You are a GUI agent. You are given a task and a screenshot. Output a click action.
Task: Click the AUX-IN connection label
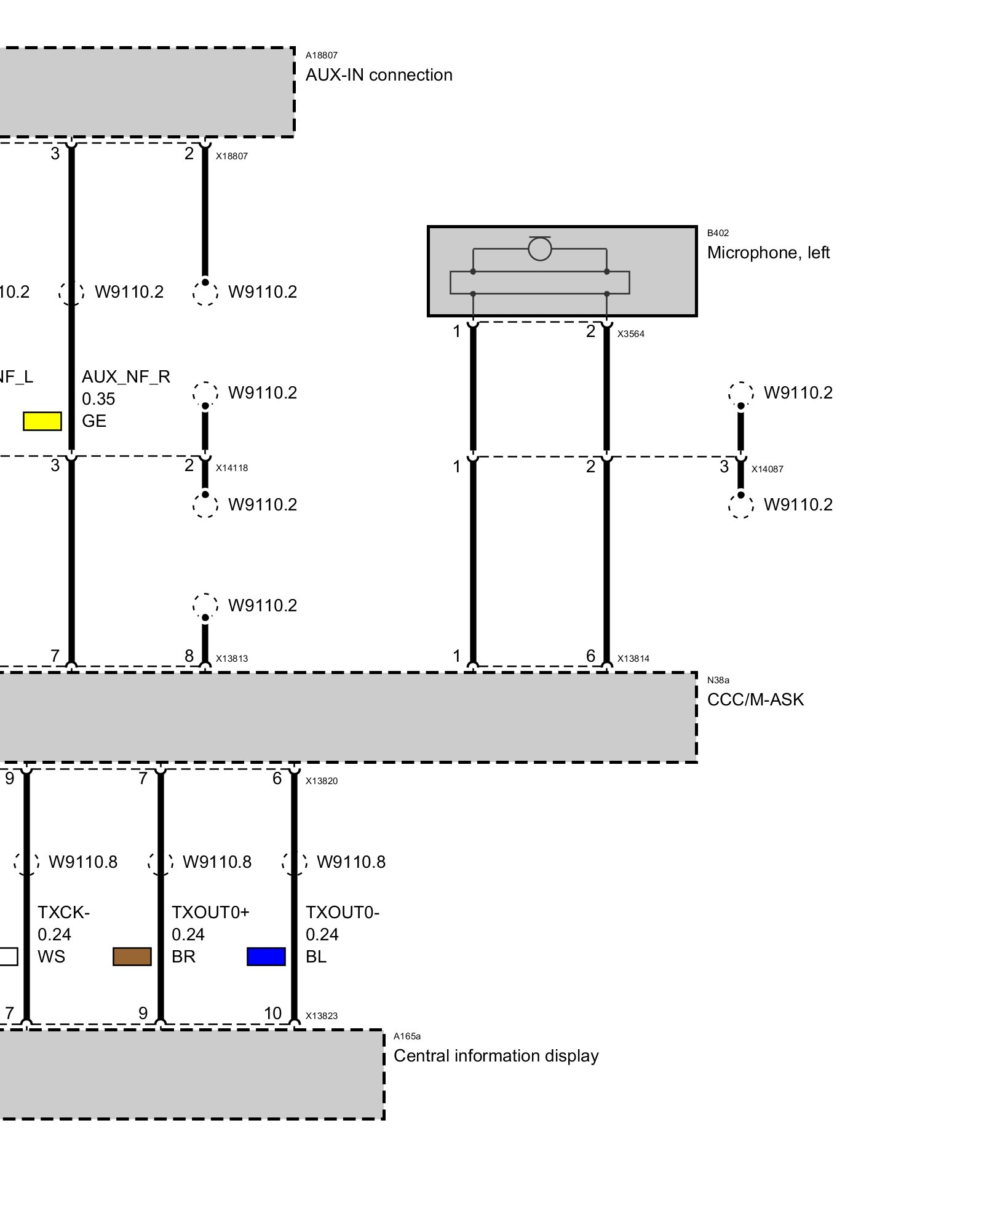379,75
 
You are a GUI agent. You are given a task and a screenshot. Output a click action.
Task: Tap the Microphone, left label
768,253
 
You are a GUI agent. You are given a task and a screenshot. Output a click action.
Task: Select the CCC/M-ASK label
755,700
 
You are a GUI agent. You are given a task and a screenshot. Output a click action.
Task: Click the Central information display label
496,1056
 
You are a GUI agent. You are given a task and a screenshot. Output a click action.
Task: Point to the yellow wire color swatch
42,421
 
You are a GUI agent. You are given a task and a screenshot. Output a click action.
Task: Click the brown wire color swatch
132,957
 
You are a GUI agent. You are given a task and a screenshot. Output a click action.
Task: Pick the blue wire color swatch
266,957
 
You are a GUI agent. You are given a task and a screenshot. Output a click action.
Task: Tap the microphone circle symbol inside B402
539,249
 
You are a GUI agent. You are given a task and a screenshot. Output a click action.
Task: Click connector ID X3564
631,334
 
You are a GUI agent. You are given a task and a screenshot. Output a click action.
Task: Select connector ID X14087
767,469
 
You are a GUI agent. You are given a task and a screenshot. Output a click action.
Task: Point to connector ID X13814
633,659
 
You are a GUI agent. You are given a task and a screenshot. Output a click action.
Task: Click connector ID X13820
322,781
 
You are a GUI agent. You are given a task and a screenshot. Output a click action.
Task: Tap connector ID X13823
322,1016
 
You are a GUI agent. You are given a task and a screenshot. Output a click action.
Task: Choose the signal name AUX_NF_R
126,376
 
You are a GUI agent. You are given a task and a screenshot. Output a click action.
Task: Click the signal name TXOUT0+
210,913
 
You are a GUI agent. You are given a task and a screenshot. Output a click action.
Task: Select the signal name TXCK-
63,913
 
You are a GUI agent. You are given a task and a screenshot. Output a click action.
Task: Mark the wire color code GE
94,421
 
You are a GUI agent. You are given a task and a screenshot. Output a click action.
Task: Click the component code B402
718,233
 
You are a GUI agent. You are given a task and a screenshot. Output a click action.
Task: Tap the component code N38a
718,680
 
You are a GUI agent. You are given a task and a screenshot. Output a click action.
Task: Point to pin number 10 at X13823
272,1013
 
